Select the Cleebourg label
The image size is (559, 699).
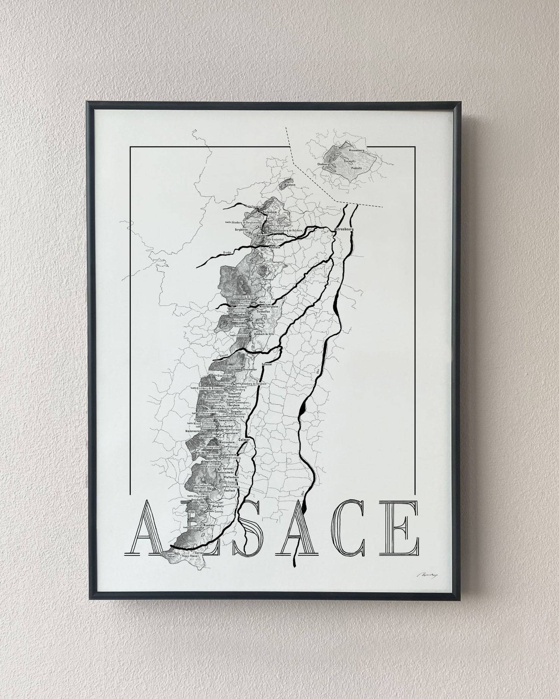[x=323, y=164]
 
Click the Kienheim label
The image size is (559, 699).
[x=290, y=185]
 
